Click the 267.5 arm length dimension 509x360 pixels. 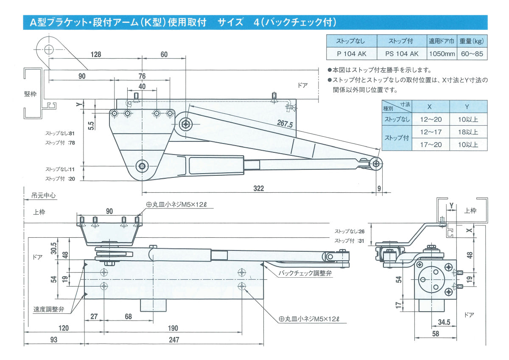pyautogui.click(x=285, y=124)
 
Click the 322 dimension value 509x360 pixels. pyautogui.click(x=258, y=188)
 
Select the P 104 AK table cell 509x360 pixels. pyautogui.click(x=351, y=54)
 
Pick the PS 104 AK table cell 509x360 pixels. pyautogui.click(x=402, y=54)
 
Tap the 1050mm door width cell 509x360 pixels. pyautogui.click(x=442, y=54)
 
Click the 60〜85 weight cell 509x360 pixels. pyautogui.click(x=472, y=54)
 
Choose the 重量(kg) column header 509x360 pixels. pyautogui.click(x=472, y=41)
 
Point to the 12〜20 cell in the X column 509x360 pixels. pyautogui.click(x=431, y=120)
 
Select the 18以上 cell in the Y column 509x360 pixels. pyautogui.click(x=468, y=132)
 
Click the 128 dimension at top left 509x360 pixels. pyautogui.click(x=96, y=54)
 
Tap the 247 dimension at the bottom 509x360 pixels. pyautogui.click(x=173, y=340)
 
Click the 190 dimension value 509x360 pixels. pyautogui.click(x=173, y=328)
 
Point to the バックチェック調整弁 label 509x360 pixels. pyautogui.click(x=305, y=274)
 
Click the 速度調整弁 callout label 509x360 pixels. pyautogui.click(x=49, y=309)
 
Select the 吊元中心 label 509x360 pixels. pyautogui.click(x=44, y=196)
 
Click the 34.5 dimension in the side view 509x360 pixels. pyautogui.click(x=444, y=322)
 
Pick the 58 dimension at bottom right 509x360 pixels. pyautogui.click(x=436, y=334)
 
